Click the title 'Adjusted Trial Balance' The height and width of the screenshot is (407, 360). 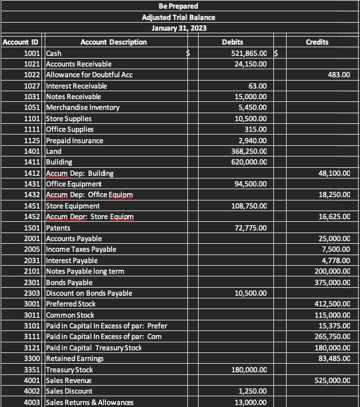click(179, 17)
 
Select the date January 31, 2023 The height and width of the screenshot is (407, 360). click(179, 28)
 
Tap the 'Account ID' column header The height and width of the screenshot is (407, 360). click(21, 42)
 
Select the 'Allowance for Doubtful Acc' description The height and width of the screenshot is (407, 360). click(89, 75)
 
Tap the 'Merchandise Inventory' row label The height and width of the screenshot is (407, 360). click(83, 107)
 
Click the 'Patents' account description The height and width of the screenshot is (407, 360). click(59, 228)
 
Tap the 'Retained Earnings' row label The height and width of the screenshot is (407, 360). click(75, 358)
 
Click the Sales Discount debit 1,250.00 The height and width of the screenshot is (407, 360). click(253, 391)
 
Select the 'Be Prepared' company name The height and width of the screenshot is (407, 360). click(179, 6)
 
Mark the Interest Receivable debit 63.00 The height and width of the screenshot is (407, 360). click(257, 86)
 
